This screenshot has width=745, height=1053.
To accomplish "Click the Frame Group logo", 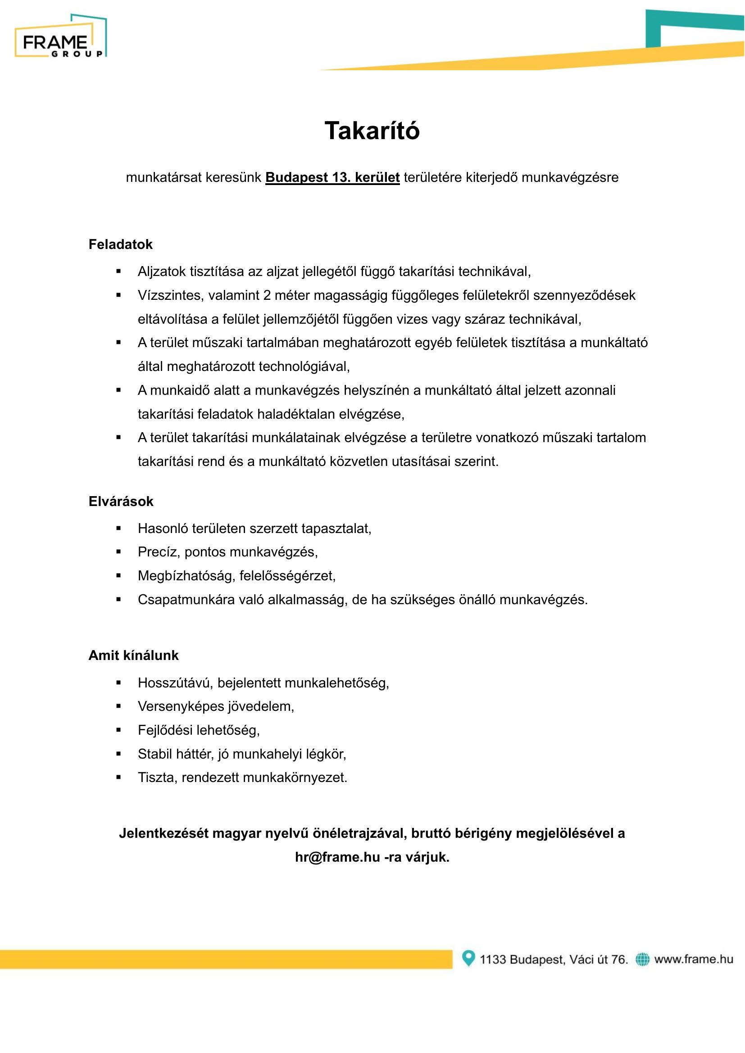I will tap(60, 36).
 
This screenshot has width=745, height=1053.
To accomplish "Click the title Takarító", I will tap(372, 131).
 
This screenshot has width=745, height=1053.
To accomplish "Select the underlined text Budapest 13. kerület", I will tap(332, 177).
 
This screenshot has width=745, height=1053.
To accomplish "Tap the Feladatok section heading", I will tap(120, 244).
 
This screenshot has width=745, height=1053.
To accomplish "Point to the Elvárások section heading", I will tap(121, 501).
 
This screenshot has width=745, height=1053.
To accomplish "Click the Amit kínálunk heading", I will tap(133, 655).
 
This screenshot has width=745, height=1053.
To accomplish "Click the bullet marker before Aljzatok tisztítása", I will tap(119, 271).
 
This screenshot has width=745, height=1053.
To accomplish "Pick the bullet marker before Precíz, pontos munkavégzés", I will tap(119, 552).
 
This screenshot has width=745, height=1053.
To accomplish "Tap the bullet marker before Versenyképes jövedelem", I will tap(119, 706).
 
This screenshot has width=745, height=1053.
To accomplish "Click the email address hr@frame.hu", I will tap(338, 857).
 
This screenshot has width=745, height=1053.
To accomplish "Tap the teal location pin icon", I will tap(468, 958).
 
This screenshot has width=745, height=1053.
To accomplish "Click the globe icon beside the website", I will tap(642, 959).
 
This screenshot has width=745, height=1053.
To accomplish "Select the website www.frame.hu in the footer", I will tap(694, 959).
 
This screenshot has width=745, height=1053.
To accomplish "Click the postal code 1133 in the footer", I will tap(493, 959).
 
